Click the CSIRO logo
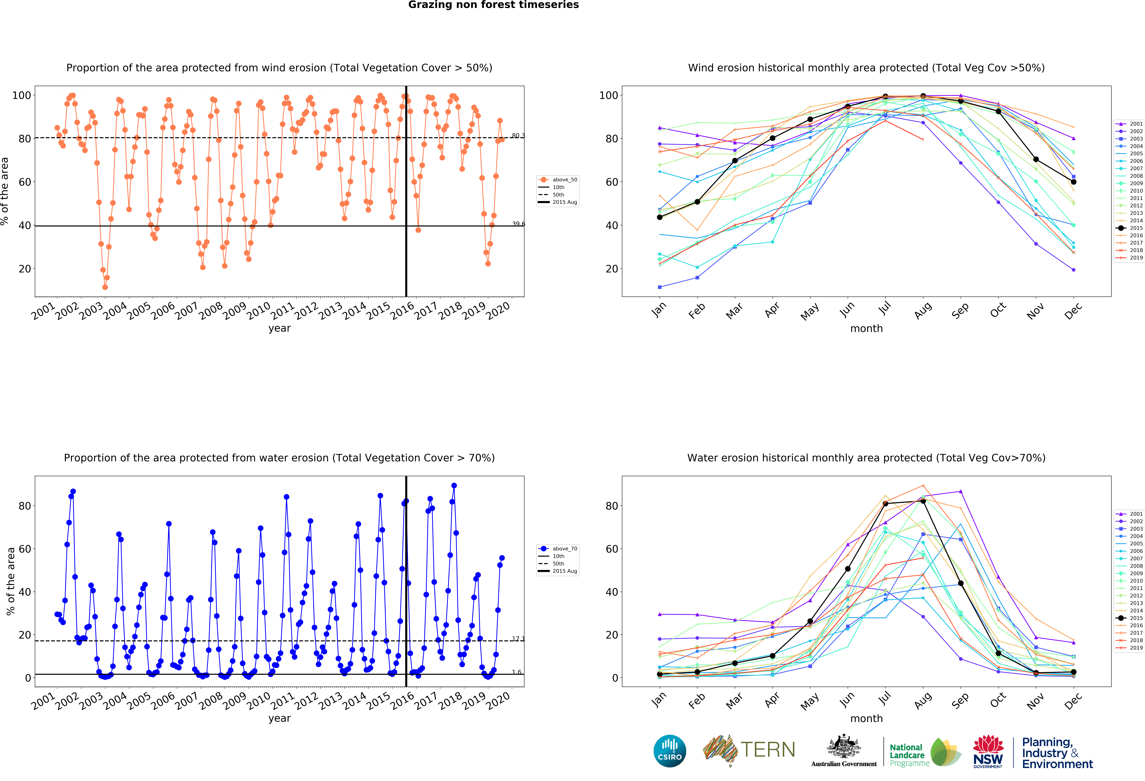(670, 751)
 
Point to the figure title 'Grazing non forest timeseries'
(493, 5)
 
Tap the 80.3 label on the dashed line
(518, 136)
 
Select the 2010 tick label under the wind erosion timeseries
(259, 311)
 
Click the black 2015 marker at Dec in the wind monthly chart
(1074, 182)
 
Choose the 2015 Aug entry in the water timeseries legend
(564, 571)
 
